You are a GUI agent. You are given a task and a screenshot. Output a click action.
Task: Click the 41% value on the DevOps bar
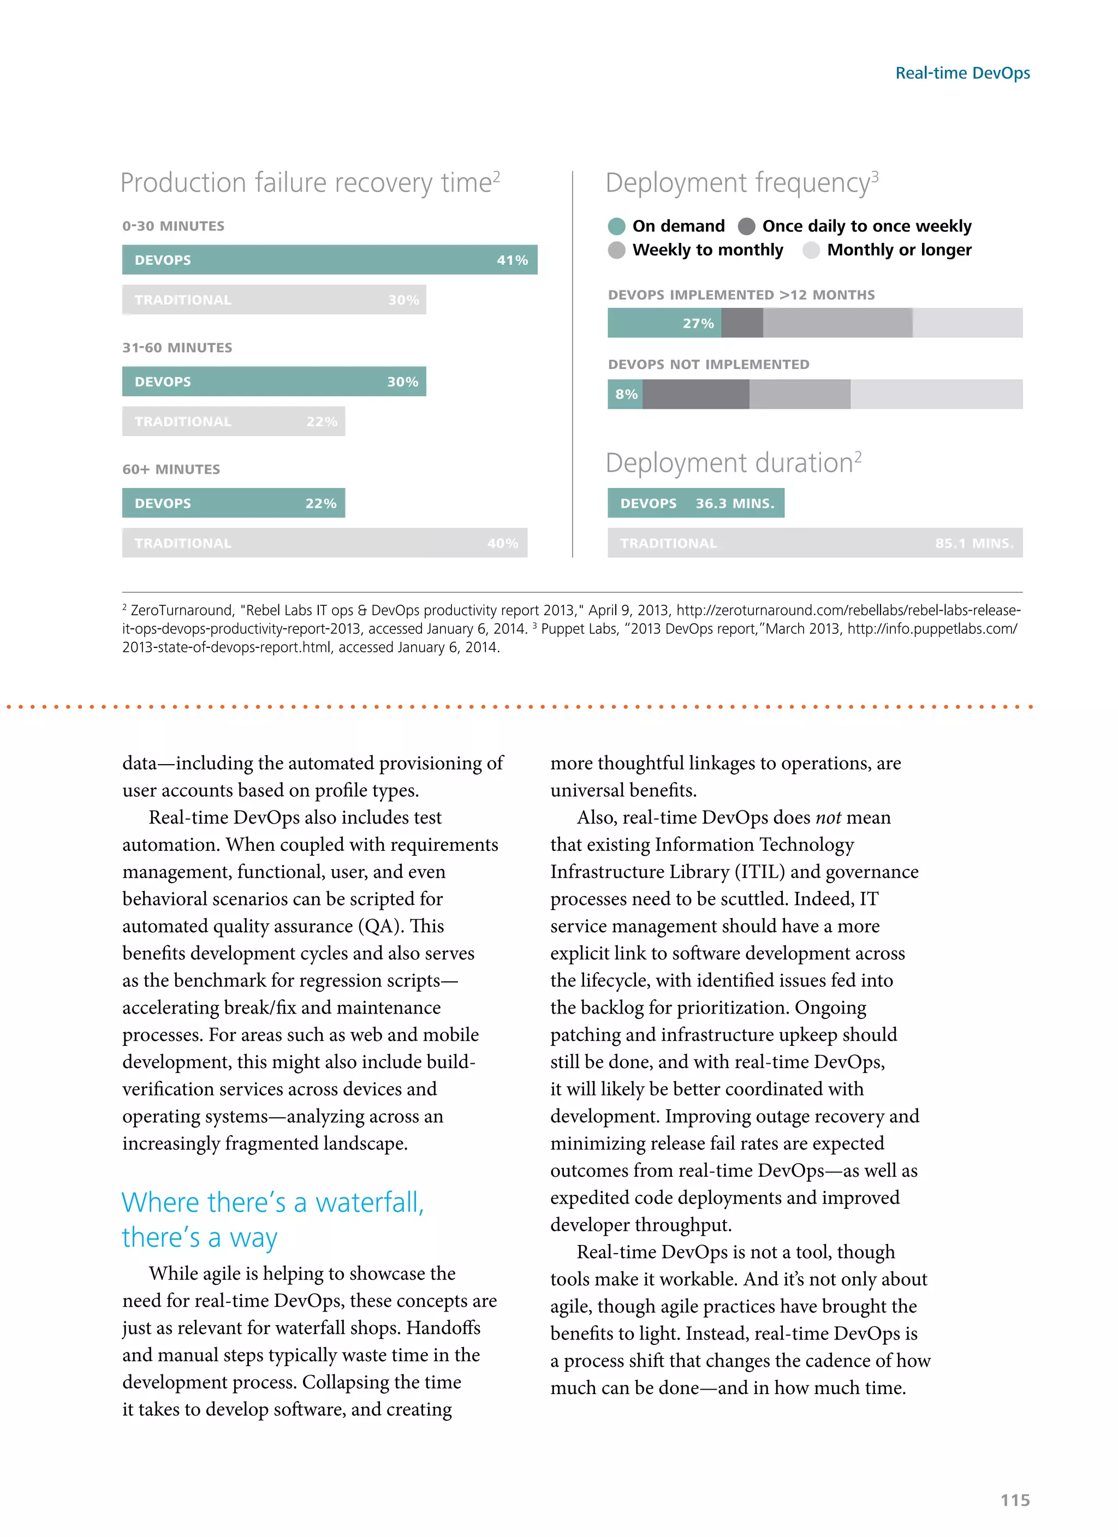tap(512, 260)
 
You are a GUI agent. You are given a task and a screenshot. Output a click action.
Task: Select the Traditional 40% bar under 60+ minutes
tap(324, 543)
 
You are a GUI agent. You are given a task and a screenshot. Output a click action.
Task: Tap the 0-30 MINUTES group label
tap(173, 225)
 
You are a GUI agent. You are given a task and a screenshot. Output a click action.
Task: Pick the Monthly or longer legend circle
tap(811, 250)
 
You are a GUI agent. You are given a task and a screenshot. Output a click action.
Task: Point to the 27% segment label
tap(698, 323)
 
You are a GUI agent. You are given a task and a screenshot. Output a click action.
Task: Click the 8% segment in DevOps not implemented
tap(626, 394)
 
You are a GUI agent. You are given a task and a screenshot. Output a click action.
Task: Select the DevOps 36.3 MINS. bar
tap(695, 503)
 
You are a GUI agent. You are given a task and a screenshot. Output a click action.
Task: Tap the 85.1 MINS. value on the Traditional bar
tap(973, 543)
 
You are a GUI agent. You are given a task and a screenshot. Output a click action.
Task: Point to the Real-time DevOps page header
tap(962, 73)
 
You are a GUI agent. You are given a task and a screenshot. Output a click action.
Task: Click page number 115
tap(1014, 1500)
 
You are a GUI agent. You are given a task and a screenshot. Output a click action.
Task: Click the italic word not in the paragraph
tap(828, 817)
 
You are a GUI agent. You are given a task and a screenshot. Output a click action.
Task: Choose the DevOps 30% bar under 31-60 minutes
tap(274, 382)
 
